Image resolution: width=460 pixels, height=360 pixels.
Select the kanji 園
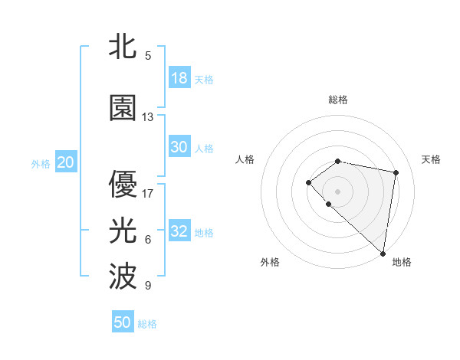click(x=123, y=108)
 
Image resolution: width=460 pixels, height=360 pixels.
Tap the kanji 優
click(x=123, y=185)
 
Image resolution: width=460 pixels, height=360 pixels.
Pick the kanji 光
click(x=123, y=231)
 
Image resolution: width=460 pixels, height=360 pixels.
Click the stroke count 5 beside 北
click(x=148, y=55)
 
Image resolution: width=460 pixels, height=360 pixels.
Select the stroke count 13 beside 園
click(x=148, y=117)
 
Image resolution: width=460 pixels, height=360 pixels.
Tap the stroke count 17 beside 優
click(x=148, y=193)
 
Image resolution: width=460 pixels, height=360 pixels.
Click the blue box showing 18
click(x=179, y=78)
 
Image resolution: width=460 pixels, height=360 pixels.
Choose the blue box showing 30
click(x=179, y=147)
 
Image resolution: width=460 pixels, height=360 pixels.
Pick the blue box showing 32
click(x=179, y=232)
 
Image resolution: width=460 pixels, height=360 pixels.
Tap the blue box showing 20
click(x=66, y=162)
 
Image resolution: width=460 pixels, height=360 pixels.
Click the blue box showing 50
click(x=123, y=322)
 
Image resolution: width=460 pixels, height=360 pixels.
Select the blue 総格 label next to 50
click(x=147, y=324)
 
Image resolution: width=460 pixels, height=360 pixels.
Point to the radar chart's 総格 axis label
click(x=338, y=100)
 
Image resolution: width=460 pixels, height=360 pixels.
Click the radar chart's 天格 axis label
click(x=432, y=159)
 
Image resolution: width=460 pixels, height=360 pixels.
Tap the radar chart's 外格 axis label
click(x=270, y=262)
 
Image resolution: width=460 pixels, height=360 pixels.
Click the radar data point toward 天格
click(x=396, y=172)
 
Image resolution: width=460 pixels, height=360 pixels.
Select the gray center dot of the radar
click(x=338, y=191)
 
